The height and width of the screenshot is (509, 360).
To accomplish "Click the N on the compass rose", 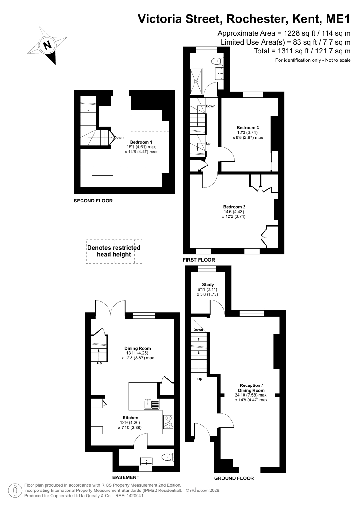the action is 47,45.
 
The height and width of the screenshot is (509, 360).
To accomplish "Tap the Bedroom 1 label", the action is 139,142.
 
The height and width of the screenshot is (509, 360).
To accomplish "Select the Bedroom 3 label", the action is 248,127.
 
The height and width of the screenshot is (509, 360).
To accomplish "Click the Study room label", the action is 208,284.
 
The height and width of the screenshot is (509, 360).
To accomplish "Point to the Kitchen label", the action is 130,417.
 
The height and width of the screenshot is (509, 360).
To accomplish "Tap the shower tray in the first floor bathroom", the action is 196,81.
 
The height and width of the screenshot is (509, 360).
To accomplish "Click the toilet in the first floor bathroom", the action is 217,61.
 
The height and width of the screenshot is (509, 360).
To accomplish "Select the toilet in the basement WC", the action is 168,457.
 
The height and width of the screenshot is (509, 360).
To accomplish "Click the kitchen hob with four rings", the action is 168,422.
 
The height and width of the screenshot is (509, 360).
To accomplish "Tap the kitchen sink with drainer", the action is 152,404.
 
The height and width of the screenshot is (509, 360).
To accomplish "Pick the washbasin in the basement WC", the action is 146,461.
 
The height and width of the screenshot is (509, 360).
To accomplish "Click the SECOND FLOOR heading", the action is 93,201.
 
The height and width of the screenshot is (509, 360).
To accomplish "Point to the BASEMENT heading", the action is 126,477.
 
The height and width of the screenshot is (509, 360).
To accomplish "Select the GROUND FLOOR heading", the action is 234,478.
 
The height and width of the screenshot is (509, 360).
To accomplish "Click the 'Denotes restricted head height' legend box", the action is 114,251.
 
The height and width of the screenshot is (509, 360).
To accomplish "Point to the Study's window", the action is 207,269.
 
